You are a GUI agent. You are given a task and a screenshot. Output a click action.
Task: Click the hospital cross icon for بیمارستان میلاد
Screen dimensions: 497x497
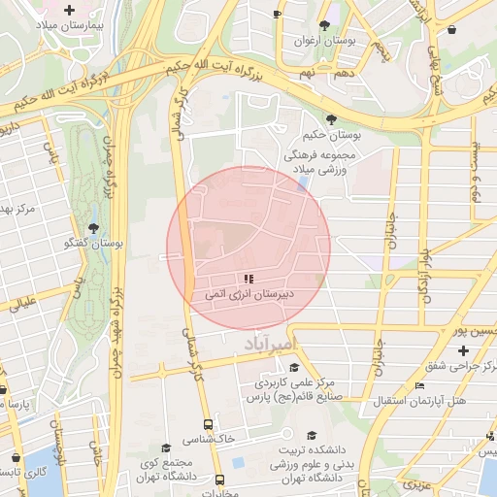(69, 11)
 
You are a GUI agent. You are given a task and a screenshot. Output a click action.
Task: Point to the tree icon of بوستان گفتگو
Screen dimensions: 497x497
(93, 227)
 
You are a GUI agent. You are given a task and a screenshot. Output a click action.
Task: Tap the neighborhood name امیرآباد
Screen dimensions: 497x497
(261, 344)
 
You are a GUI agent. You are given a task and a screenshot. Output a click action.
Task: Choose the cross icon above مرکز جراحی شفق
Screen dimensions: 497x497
(463, 350)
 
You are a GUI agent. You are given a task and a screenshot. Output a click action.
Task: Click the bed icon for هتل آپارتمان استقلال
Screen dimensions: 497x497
(419, 385)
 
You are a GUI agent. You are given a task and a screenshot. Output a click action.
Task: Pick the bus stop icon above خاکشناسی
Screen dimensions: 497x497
(208, 424)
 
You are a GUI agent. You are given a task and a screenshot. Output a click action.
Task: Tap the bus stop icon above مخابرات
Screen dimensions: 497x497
(219, 480)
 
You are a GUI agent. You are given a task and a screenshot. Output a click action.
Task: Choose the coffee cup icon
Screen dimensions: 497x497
(277, 15)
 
